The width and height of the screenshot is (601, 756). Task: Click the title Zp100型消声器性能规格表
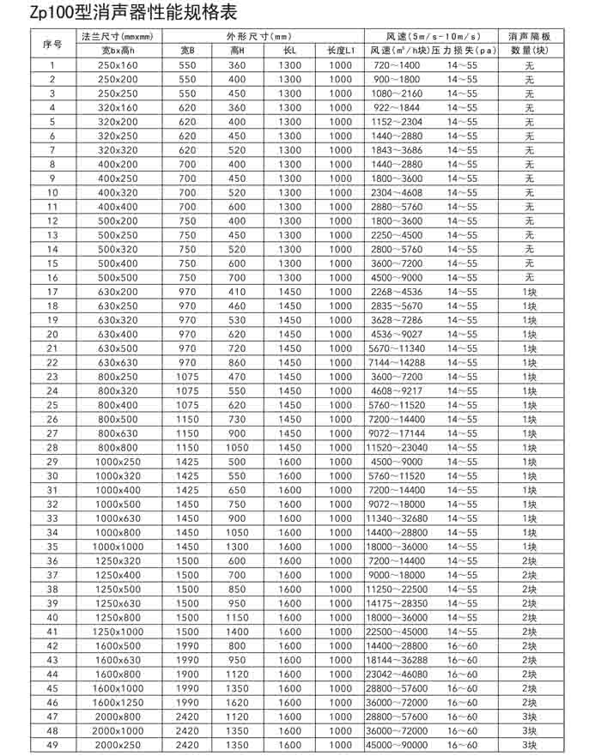(118, 13)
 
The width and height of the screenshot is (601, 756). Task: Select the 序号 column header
(52, 44)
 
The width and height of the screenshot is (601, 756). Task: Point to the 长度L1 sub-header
(340, 51)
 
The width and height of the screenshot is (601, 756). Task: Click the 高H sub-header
(237, 51)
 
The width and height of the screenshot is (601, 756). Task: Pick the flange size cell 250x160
(118, 65)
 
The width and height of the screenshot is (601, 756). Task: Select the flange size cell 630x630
(118, 362)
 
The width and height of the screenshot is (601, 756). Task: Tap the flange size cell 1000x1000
(118, 546)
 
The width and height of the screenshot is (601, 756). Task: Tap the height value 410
(237, 292)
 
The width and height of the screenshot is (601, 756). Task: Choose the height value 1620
(237, 702)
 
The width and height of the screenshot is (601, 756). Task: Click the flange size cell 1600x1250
(118, 702)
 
